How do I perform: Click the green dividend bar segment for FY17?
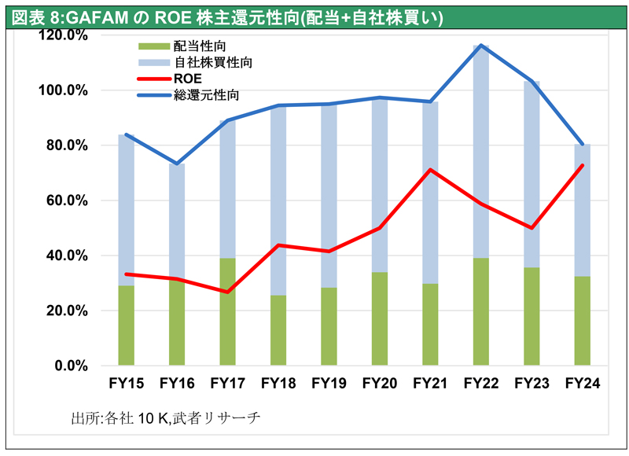click(x=227, y=311)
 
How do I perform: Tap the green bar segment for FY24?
click(x=582, y=321)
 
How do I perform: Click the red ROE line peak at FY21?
click(x=430, y=169)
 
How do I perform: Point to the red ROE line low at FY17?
click(x=227, y=292)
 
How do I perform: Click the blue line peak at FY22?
click(x=480, y=46)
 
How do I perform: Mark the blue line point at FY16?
click(x=177, y=164)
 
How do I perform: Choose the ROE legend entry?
click(x=187, y=78)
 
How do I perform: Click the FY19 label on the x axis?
click(x=329, y=384)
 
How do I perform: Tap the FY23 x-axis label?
click(x=532, y=384)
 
